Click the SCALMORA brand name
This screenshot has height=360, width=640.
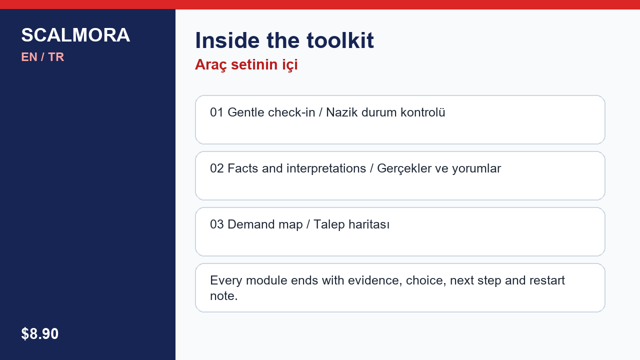(75, 35)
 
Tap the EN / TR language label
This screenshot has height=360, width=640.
(42, 57)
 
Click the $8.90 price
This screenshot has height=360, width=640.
(39, 333)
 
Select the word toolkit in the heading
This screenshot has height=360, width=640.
(340, 40)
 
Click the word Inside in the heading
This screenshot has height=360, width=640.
(227, 40)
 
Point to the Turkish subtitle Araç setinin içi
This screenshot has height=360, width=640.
(246, 64)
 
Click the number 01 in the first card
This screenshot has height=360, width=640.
(217, 112)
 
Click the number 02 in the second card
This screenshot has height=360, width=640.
(217, 168)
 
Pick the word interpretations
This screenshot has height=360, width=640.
(326, 168)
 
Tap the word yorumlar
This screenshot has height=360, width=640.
(476, 168)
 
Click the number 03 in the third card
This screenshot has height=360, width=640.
(217, 224)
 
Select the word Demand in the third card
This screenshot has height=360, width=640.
(251, 224)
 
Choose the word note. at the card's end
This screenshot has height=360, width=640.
(224, 296)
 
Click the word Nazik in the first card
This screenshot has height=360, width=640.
(342, 112)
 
